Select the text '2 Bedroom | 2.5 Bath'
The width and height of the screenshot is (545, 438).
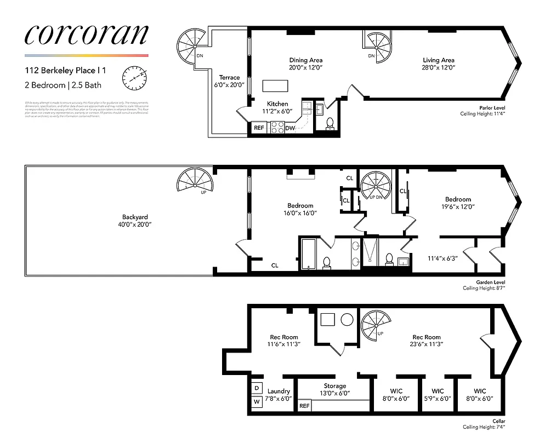[63, 85]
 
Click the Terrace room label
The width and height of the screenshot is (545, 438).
[229, 78]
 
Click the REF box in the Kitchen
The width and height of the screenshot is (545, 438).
[259, 128]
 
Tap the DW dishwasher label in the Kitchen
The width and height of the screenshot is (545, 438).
[290, 128]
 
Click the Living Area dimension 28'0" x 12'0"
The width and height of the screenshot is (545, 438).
[438, 67]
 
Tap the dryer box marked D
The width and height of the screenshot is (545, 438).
[257, 388]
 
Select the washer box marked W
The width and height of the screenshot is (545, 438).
[257, 401]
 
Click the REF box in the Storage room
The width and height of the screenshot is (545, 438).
[304, 406]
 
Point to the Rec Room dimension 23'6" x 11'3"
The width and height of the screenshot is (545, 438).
[426, 344]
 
